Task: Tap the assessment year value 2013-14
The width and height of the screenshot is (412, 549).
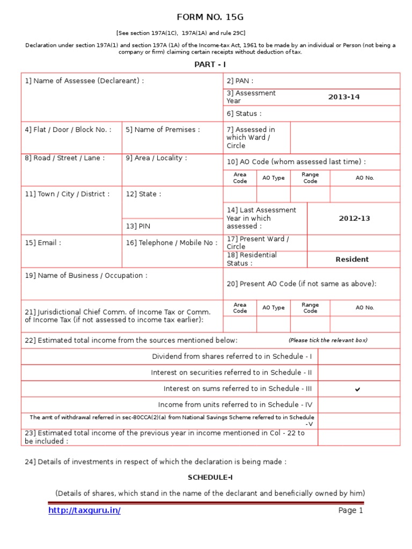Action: pyautogui.click(x=344, y=97)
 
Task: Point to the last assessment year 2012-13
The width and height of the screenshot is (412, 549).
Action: pyautogui.click(x=354, y=219)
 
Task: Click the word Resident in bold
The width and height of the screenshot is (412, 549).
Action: pyautogui.click(x=352, y=259)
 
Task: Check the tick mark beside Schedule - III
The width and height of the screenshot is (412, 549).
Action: pyautogui.click(x=357, y=389)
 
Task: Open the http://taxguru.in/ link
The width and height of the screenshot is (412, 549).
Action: pyautogui.click(x=84, y=510)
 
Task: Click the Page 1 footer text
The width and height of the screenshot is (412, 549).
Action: pyautogui.click(x=350, y=510)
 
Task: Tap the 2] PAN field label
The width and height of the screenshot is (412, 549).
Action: pyautogui.click(x=240, y=81)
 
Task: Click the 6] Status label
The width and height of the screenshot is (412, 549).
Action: pyautogui.click(x=244, y=114)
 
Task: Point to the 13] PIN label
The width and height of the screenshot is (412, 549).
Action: pyautogui.click(x=138, y=226)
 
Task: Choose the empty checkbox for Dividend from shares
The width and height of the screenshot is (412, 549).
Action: pyautogui.click(x=358, y=357)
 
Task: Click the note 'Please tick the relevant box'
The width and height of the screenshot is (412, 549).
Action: pyautogui.click(x=328, y=340)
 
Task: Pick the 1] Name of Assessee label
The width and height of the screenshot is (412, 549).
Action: pyautogui.click(x=84, y=81)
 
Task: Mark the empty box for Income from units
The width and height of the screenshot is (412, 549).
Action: pyautogui.click(x=358, y=405)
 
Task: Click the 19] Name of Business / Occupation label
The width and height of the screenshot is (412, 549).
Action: pyautogui.click(x=86, y=276)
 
